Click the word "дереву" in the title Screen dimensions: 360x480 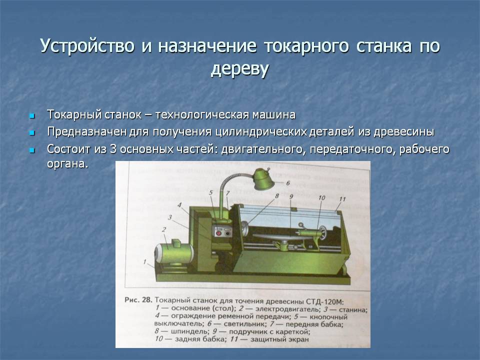(x=240, y=69)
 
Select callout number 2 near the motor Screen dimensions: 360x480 (x=163, y=229)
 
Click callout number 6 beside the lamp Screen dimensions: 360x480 (x=287, y=183)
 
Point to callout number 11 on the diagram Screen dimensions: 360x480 (x=341, y=199)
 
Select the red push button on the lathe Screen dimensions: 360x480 (x=218, y=232)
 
